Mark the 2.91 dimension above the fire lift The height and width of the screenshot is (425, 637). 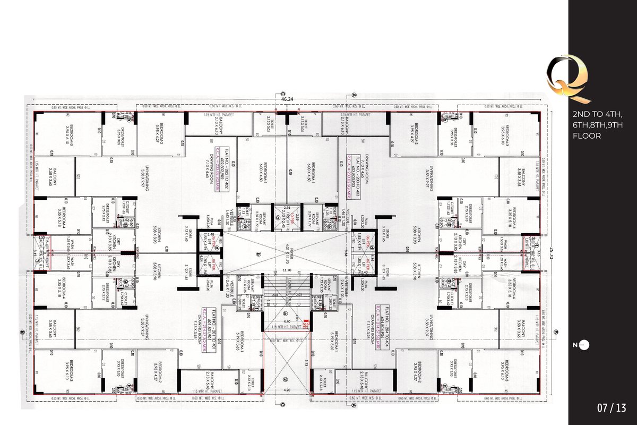pyautogui.click(x=287, y=207)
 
